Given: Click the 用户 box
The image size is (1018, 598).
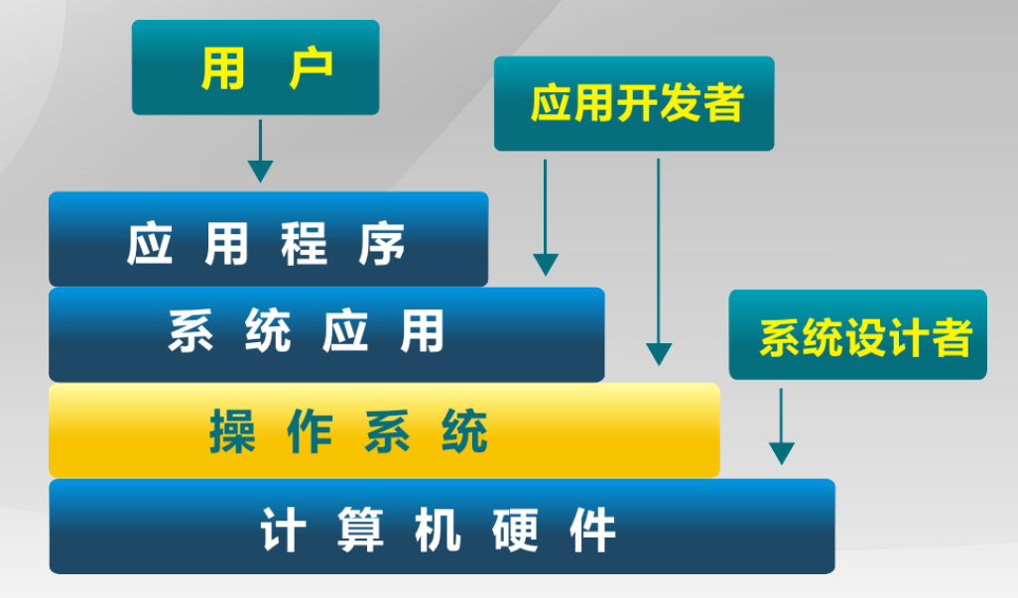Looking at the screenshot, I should point(255,67).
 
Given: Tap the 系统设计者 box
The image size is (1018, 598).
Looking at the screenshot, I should point(857,335).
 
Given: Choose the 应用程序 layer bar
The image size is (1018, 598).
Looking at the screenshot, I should point(268,239).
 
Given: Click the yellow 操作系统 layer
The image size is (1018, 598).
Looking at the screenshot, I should point(384,430).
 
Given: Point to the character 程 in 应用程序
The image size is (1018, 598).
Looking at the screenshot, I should point(305,243).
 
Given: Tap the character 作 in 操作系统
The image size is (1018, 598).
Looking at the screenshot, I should point(310,432).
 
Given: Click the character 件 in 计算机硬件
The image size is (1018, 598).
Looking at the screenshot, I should point(592,529).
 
